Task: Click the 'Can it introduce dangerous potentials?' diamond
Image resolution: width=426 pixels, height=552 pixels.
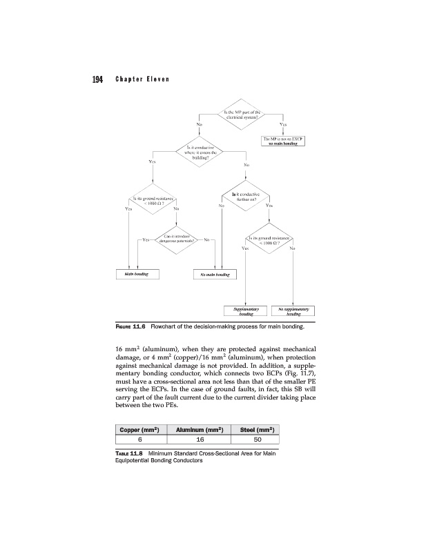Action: (177, 239)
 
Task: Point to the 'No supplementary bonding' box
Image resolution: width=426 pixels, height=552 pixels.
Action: (293, 312)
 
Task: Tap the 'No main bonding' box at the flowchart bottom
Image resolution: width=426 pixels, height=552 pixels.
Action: (214, 274)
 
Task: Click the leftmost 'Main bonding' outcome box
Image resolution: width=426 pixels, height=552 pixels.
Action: (137, 273)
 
